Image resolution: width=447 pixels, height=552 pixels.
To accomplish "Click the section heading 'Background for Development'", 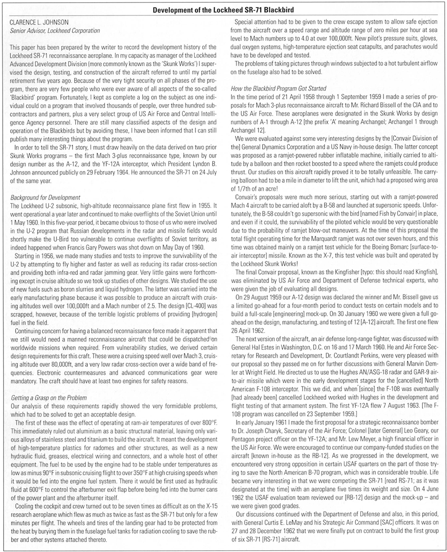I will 45,197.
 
